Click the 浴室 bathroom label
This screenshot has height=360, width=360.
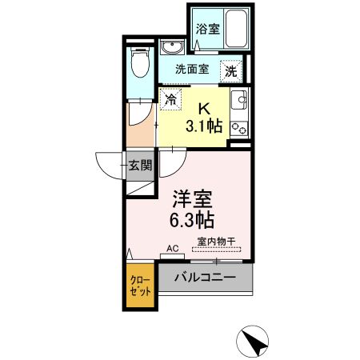pyautogui.click(x=208, y=29)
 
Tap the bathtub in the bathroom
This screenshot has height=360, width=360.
pyautogui.click(x=236, y=29)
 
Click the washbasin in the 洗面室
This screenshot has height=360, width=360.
pyautogui.click(x=172, y=47)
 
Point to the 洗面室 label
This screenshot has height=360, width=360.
pyautogui.click(x=192, y=70)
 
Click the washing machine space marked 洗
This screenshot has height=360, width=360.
pyautogui.click(x=231, y=71)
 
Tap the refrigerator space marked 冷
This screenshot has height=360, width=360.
pyautogui.click(x=170, y=99)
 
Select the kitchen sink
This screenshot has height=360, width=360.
pyautogui.click(x=239, y=100)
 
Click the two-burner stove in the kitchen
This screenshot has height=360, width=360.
pyautogui.click(x=239, y=130)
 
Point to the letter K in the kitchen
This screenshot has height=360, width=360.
pyautogui.click(x=204, y=109)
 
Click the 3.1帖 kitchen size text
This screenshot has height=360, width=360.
pyautogui.click(x=204, y=126)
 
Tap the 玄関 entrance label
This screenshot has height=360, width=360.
pyautogui.click(x=140, y=166)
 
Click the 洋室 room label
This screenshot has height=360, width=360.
pyautogui.click(x=192, y=199)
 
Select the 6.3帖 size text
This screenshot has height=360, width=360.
pyautogui.click(x=192, y=220)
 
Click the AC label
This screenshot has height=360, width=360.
pyautogui.click(x=173, y=249)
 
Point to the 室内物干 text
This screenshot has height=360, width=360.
pyautogui.click(x=216, y=242)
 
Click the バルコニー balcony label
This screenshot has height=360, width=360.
pyautogui.click(x=205, y=278)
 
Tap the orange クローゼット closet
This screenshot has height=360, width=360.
pyautogui.click(x=140, y=286)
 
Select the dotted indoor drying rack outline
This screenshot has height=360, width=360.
pyautogui.click(x=216, y=250)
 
